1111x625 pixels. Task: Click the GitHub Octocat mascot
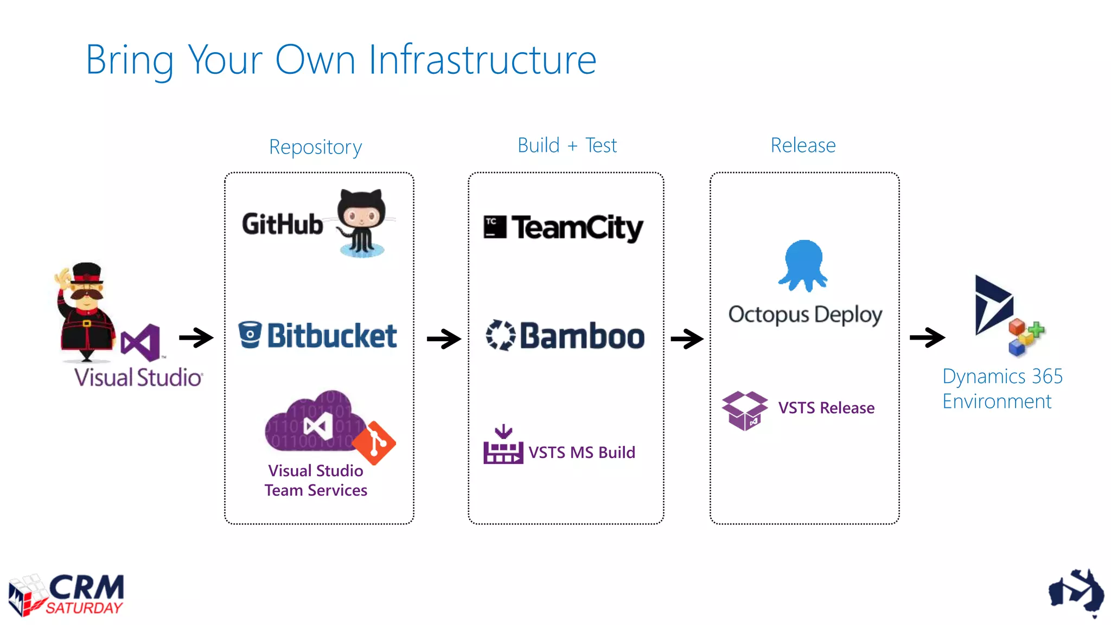[x=361, y=222]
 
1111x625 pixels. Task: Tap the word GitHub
[x=282, y=224]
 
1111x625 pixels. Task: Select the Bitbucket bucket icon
[x=250, y=334]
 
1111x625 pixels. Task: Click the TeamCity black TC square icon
[x=494, y=227]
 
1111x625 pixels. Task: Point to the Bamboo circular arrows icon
[x=500, y=335]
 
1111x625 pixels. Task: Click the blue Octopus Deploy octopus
[x=803, y=265]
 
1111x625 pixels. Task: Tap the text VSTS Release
[x=826, y=407]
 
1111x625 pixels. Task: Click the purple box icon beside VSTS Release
[x=744, y=410]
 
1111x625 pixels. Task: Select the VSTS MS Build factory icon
[x=502, y=446]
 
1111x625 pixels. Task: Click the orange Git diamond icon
[x=374, y=443]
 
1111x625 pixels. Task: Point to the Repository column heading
[x=315, y=147]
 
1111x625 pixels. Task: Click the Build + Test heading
[x=567, y=145]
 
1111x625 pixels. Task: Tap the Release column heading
[x=803, y=145]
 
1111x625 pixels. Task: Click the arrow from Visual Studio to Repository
[x=196, y=337]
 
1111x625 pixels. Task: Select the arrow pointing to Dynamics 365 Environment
[x=927, y=337]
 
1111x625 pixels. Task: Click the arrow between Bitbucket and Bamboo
[x=443, y=339]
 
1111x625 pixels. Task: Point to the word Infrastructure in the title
[x=482, y=60]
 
